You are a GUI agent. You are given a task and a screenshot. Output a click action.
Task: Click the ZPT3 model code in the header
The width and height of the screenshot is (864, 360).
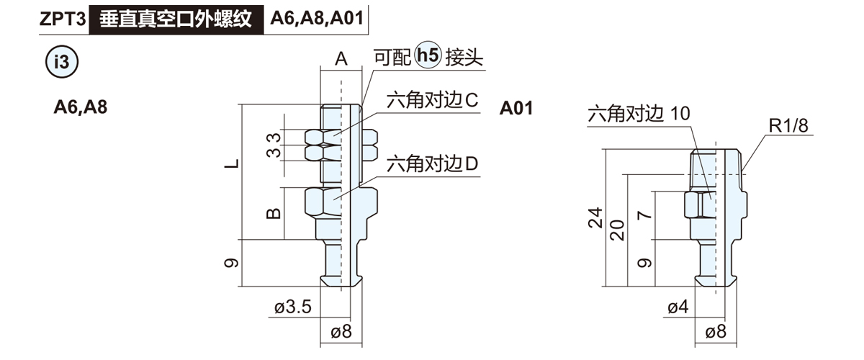tap(63, 19)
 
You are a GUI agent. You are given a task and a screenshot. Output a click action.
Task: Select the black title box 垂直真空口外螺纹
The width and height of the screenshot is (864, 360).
tap(176, 19)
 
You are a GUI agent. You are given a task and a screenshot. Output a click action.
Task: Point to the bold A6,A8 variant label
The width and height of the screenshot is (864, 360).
tap(81, 108)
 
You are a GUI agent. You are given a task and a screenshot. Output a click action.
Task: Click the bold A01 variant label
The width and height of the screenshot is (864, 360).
tap(516, 109)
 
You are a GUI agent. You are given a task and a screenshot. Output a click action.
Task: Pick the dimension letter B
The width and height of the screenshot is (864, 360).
tap(274, 213)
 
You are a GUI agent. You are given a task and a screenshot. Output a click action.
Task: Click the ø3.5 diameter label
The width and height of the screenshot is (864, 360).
tap(292, 307)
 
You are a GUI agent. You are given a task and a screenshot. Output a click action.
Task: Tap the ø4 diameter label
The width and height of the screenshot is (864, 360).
tap(678, 307)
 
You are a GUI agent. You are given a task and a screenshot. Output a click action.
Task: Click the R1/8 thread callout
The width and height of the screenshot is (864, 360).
tap(788, 126)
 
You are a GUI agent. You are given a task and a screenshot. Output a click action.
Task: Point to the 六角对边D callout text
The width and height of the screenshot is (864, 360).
tap(433, 165)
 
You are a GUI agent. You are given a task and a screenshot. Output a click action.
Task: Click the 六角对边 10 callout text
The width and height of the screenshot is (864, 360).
tap(639, 113)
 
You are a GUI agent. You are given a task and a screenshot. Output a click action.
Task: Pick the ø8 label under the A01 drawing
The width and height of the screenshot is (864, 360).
tap(716, 332)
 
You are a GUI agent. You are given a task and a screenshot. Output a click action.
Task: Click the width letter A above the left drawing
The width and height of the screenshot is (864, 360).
tap(341, 58)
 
